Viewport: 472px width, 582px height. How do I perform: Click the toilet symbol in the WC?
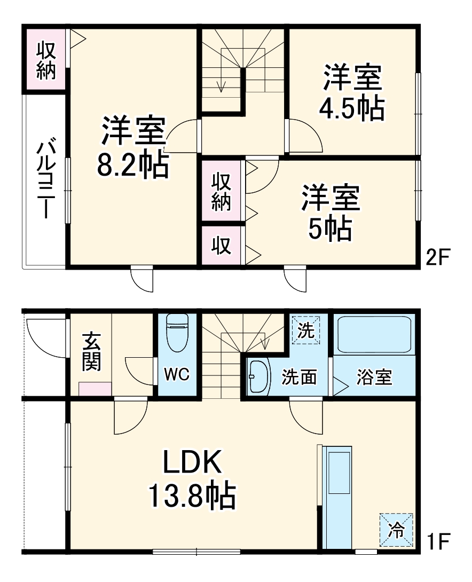click(177, 332)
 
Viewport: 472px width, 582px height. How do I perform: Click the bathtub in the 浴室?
click(374, 334)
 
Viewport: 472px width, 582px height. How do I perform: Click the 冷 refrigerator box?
click(397, 529)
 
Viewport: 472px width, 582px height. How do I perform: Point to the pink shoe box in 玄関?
click(95, 389)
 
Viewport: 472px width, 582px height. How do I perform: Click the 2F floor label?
click(439, 258)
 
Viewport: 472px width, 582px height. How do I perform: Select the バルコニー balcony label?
click(45, 179)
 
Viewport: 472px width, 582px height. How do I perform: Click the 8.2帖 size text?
click(133, 166)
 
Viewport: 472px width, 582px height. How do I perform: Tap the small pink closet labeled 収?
click(222, 246)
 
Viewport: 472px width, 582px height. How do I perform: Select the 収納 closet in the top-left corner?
click(46, 60)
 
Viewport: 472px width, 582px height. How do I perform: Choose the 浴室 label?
click(374, 377)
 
